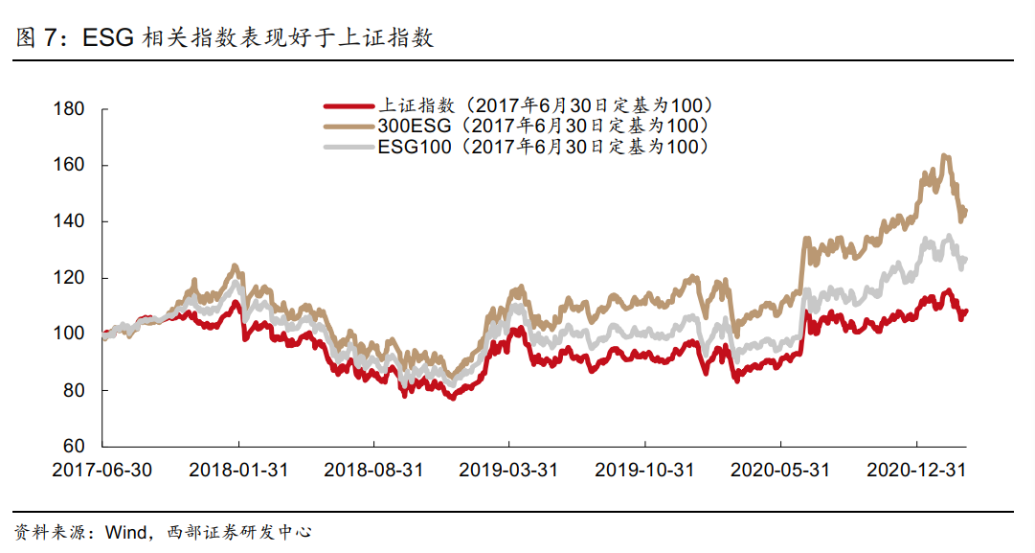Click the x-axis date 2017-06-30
pyautogui.click(x=101, y=471)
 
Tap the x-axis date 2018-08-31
pyautogui.click(x=373, y=471)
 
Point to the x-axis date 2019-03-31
pyautogui.click(x=508, y=471)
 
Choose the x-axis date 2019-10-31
pyautogui.click(x=644, y=471)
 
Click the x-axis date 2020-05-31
pyautogui.click(x=780, y=471)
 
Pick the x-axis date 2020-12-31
pyautogui.click(x=916, y=471)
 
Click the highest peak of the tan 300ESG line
pyautogui.click(x=945, y=155)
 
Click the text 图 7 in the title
pyautogui.click(x=36, y=38)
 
